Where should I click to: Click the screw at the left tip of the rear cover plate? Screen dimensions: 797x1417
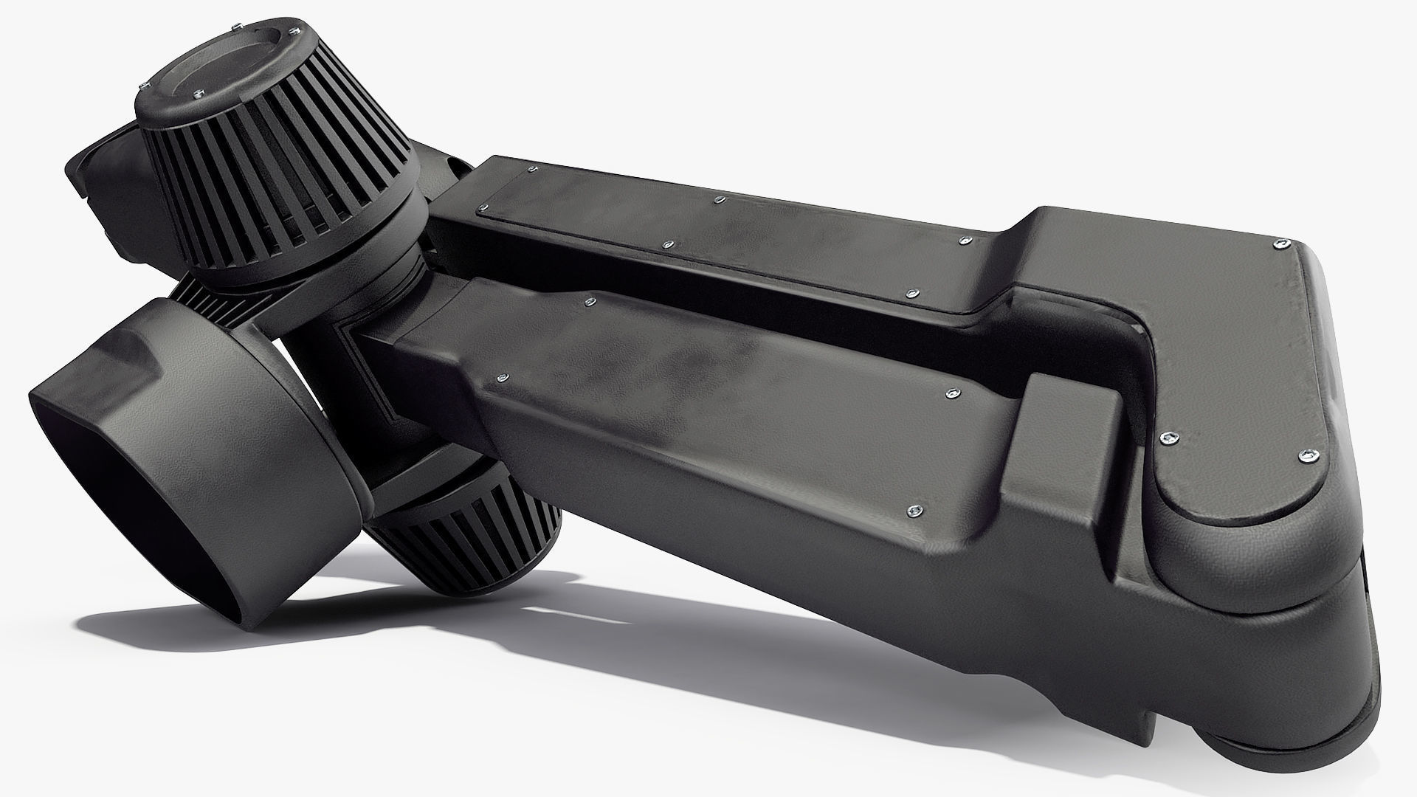[x=483, y=207]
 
